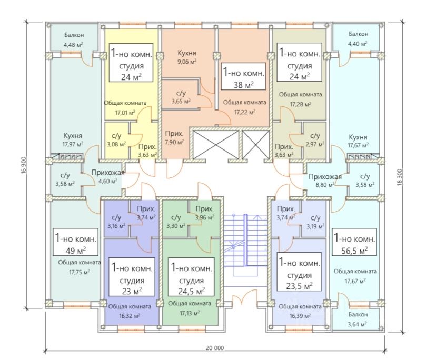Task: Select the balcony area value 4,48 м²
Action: pos(74,44)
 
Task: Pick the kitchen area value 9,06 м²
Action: pos(187,62)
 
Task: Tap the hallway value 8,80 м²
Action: pos(324,185)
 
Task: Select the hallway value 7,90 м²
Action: pos(174,142)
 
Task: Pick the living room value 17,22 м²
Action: pos(244,112)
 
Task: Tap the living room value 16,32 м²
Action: pos(130,316)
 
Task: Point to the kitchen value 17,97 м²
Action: pos(73,144)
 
